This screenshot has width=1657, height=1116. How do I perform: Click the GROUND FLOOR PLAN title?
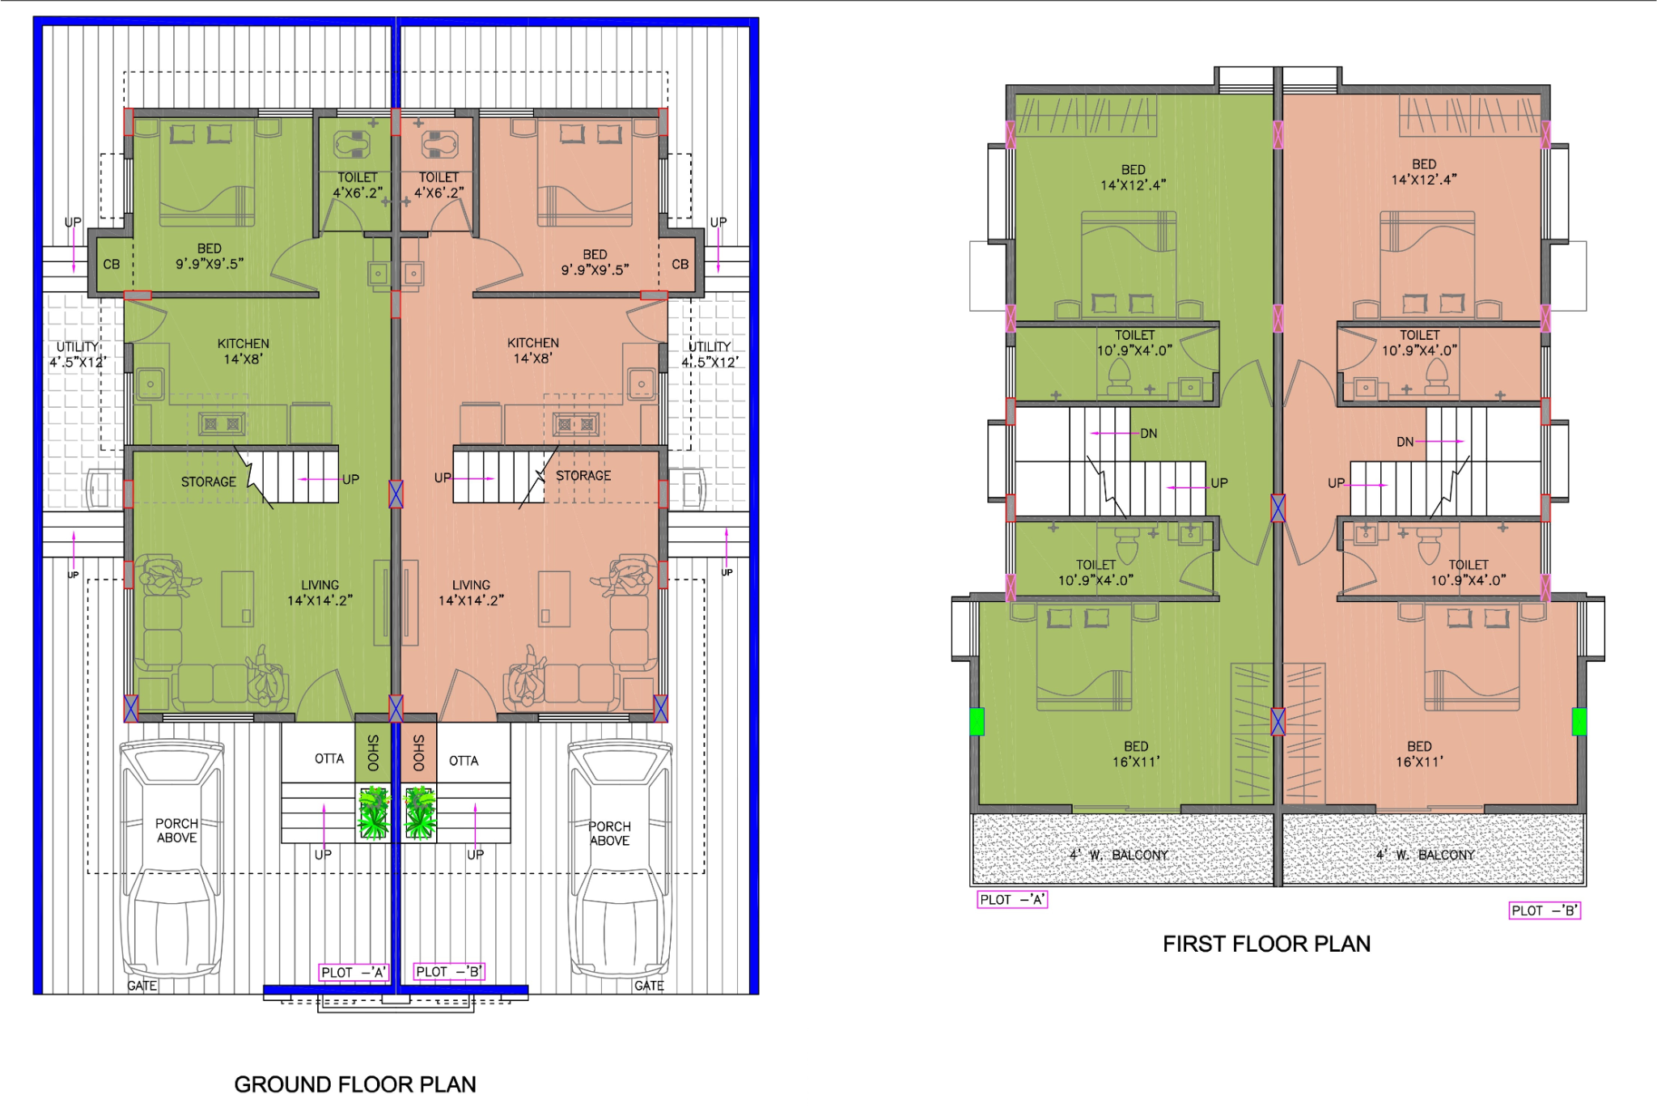pos(355,1084)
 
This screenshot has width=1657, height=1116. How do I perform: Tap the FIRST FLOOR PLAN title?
pos(1266,944)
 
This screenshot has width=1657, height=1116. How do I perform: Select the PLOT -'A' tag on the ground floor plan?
pos(354,972)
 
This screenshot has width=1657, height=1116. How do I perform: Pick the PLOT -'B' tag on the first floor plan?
pos(1545,910)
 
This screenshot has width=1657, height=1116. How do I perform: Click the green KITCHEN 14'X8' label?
pos(244,351)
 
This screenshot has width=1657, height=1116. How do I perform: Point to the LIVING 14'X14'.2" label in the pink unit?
pos(471,592)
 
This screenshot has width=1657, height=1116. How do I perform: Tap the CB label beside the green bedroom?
pos(112,265)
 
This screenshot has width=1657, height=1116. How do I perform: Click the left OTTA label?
pos(329,759)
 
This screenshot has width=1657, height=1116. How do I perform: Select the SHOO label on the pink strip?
pos(419,753)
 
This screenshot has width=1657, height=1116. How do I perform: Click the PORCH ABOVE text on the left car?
pos(177,830)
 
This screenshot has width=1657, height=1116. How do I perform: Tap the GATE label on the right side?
pos(649,986)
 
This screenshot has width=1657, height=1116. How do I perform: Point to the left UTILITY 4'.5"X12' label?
pos(78,354)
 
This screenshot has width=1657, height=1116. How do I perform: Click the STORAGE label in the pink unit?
pos(583,476)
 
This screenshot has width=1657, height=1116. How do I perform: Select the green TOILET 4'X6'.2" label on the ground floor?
pos(358,185)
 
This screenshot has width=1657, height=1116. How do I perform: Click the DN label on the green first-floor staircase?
pos(1149,434)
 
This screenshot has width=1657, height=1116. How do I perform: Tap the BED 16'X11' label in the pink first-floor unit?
pos(1419,754)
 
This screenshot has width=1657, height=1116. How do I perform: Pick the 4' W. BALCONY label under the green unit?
pos(1119,855)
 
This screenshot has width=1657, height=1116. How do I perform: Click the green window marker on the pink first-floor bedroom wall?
pos(1579,721)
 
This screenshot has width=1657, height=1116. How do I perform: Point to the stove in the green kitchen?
pos(222,423)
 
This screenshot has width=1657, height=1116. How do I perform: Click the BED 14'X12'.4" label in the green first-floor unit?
pos(1133,177)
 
